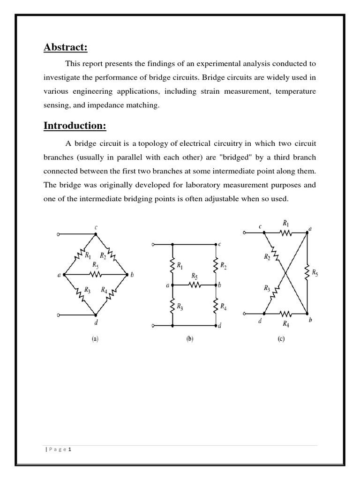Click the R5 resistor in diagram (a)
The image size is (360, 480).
coord(95,274)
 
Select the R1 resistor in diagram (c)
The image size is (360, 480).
coord(285,232)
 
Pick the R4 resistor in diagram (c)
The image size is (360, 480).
coord(285,314)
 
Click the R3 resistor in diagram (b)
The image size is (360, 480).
coord(173,306)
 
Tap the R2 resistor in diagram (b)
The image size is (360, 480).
coord(216,266)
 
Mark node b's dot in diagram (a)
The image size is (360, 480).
coord(127,274)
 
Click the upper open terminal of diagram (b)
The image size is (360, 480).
coord(152,244)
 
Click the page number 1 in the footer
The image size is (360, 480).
coord(69,449)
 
